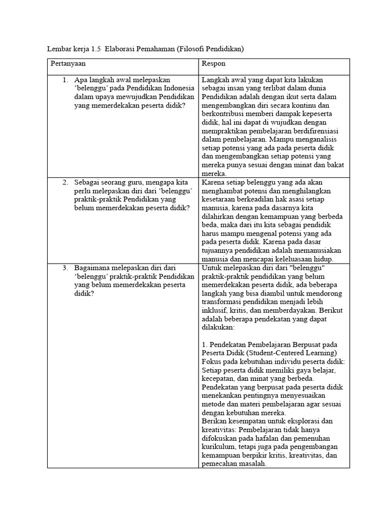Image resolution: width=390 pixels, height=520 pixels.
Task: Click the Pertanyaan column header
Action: (68, 64)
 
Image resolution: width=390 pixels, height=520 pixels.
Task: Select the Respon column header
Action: (213, 64)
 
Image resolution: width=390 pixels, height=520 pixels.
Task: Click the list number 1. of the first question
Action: (66, 80)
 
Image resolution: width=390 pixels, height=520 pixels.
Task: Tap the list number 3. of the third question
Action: (66, 268)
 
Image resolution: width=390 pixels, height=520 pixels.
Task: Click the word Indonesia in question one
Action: (178, 88)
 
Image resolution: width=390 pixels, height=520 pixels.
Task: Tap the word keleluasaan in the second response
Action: (282, 259)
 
